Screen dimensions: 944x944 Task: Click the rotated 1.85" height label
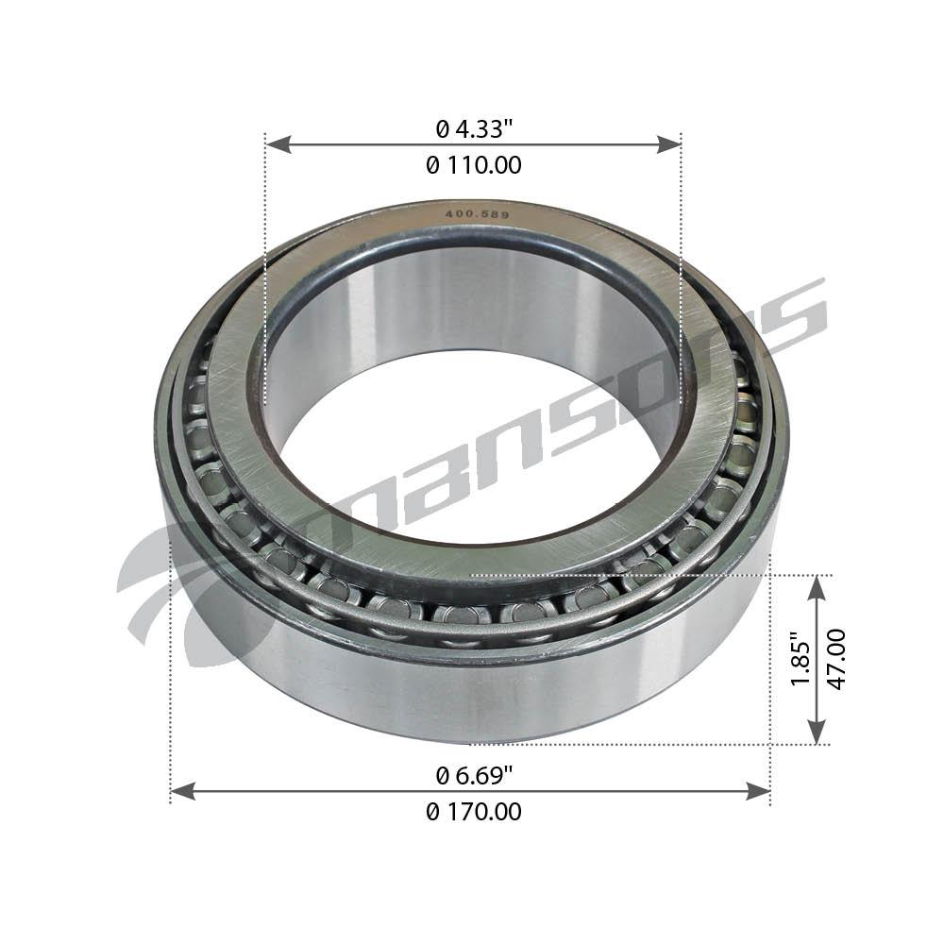click(x=801, y=660)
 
